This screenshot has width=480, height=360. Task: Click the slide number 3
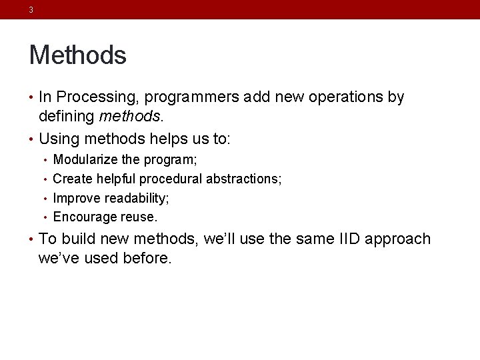pyautogui.click(x=31, y=10)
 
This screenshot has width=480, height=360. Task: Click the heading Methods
pyautogui.click(x=77, y=55)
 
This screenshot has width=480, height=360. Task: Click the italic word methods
pyautogui.click(x=129, y=117)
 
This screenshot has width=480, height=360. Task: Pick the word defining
pyautogui.click(x=67, y=117)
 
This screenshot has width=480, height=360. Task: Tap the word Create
pyautogui.click(x=73, y=179)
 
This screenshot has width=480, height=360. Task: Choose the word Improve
pyautogui.click(x=75, y=198)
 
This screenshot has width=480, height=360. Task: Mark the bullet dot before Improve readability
pyautogui.click(x=45, y=198)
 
